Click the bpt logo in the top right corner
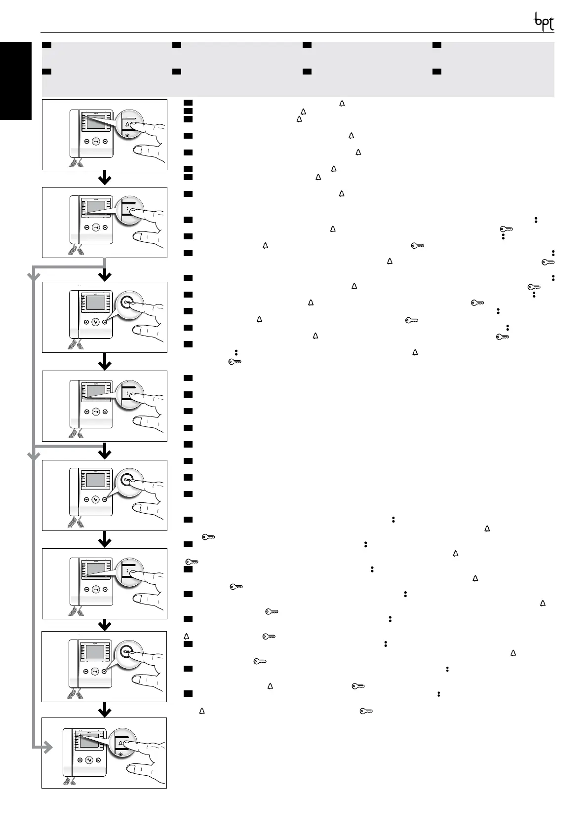click(544, 22)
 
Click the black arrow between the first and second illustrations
click(104, 178)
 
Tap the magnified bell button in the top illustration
click(127, 125)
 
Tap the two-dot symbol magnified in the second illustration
click(127, 209)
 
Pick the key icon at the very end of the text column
click(365, 711)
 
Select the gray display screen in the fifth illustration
click(96, 480)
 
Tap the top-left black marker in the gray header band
click(47, 45)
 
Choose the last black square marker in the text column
click(187, 694)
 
